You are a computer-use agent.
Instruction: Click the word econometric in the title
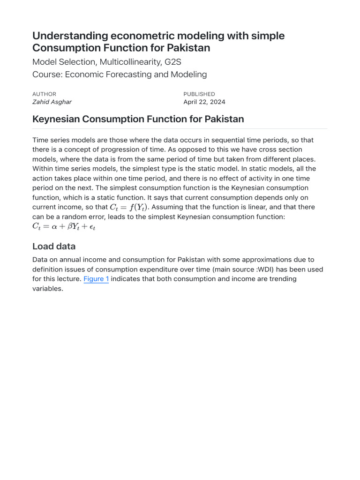click(x=133, y=36)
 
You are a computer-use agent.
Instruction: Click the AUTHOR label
click(x=44, y=94)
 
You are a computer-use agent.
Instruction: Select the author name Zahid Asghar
click(x=52, y=102)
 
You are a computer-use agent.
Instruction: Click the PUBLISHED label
click(x=199, y=94)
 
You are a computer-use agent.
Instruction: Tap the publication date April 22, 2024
click(x=204, y=102)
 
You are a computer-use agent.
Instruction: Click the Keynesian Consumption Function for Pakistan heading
click(x=138, y=119)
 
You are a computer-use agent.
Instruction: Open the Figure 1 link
click(x=96, y=279)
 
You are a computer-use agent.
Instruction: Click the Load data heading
click(x=53, y=247)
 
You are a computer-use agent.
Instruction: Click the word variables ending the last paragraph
click(x=47, y=289)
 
